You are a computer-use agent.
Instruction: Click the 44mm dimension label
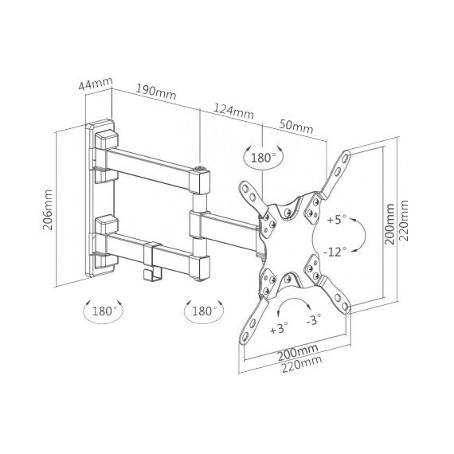point(96,83)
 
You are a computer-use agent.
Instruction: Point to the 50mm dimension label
point(296,127)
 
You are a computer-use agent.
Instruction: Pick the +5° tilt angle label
point(337,218)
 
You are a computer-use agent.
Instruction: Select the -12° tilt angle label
point(335,252)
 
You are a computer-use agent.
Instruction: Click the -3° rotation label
point(314,320)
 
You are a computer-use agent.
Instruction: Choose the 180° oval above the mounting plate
point(263,157)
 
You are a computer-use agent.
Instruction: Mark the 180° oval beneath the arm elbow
point(204,311)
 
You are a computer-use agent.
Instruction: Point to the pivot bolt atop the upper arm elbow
point(199,168)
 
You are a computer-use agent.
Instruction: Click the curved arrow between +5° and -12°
point(359,235)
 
